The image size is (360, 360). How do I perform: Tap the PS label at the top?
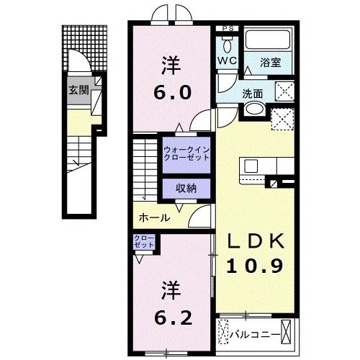click(228, 28)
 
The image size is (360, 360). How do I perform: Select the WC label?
click(228, 62)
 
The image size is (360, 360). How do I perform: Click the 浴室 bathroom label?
click(271, 62)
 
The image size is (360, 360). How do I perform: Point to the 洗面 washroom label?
click(253, 93)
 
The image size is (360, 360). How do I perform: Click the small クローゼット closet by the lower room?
click(141, 242)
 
